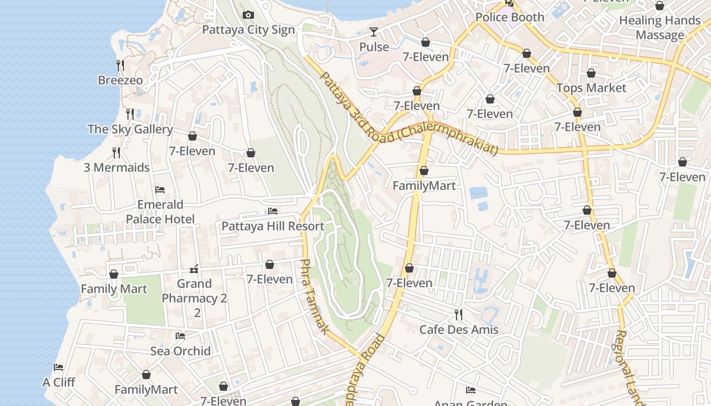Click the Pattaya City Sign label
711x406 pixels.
(x=248, y=29)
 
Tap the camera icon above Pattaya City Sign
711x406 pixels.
(x=248, y=15)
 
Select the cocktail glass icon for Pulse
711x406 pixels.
(x=374, y=32)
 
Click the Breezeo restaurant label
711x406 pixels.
(x=120, y=80)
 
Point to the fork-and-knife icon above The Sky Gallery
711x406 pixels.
(x=130, y=114)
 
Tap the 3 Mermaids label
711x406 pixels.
(x=116, y=167)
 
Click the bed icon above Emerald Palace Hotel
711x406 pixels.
(x=160, y=190)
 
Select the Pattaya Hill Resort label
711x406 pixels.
(x=273, y=226)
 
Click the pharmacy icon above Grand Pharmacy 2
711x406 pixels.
(x=194, y=269)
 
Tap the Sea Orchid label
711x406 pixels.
(x=180, y=351)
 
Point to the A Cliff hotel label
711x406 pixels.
(x=58, y=382)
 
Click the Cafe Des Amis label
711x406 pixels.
(x=459, y=329)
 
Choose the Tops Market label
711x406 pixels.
(x=591, y=88)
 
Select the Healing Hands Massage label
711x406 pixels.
(x=660, y=27)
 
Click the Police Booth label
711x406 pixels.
(x=509, y=17)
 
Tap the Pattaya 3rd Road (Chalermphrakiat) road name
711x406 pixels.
(x=408, y=122)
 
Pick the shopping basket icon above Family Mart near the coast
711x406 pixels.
(x=114, y=274)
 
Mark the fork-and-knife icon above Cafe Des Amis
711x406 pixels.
(x=459, y=315)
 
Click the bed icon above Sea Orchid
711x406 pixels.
(x=180, y=336)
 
